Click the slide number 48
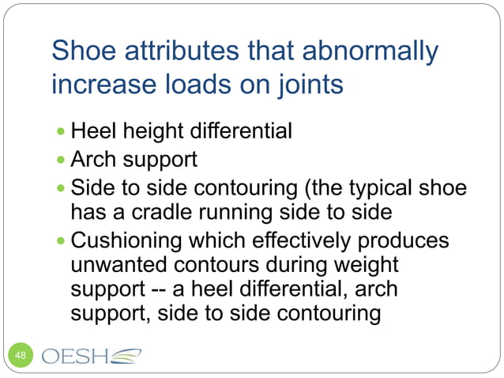[21, 356]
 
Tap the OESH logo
[91, 355]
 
